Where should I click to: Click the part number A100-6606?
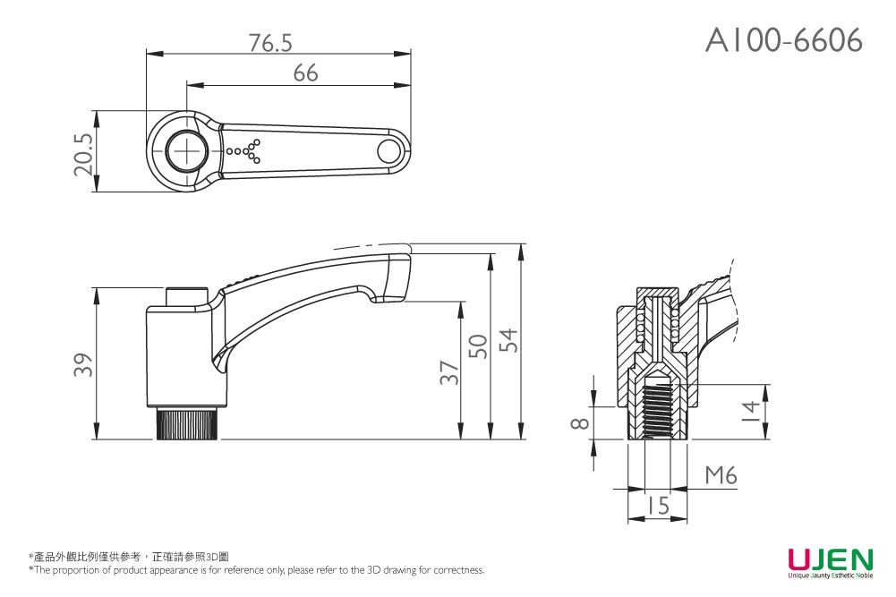(x=784, y=40)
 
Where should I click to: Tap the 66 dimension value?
(x=305, y=73)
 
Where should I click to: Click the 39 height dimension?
(x=82, y=364)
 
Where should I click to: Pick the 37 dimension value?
(x=449, y=373)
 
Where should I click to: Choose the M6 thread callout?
(x=721, y=476)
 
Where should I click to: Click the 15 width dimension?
(x=658, y=507)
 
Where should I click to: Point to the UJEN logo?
(x=829, y=561)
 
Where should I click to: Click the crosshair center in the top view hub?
(x=187, y=151)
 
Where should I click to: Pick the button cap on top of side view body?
(x=187, y=296)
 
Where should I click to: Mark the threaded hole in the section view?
(x=658, y=410)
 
